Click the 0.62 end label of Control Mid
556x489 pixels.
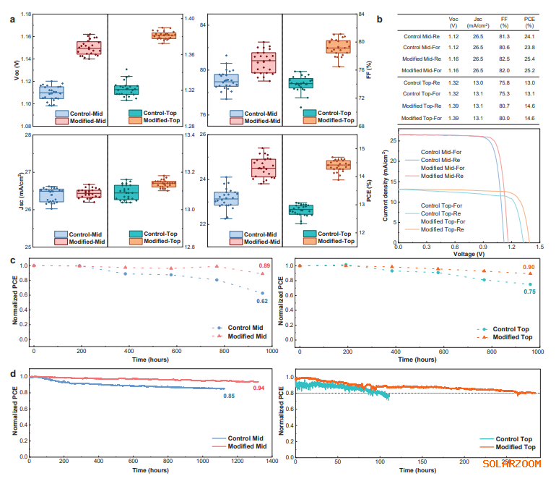click(x=265, y=301)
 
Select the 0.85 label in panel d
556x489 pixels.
click(x=228, y=396)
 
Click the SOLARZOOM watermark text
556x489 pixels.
click(x=511, y=464)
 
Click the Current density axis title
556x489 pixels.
click(x=386, y=187)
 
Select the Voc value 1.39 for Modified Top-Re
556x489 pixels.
click(x=455, y=106)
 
